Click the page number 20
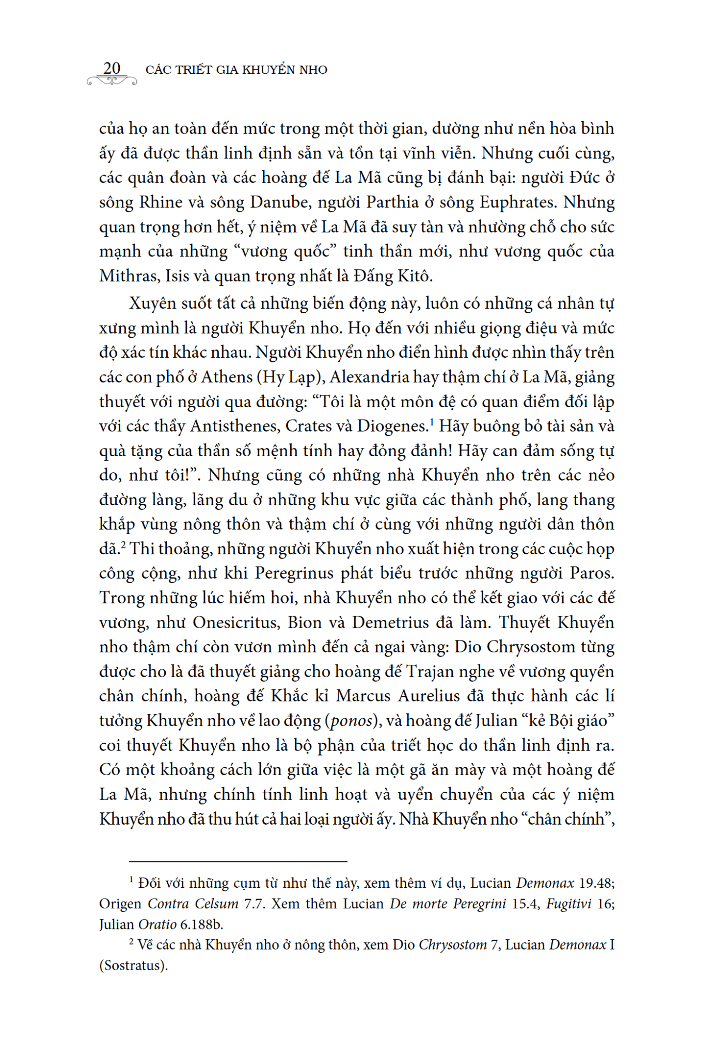click(x=112, y=68)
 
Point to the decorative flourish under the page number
click(x=112, y=81)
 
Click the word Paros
click(x=592, y=573)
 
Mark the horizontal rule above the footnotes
click(x=238, y=861)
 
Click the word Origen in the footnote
click(x=120, y=904)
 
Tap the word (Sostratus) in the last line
click(x=134, y=965)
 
